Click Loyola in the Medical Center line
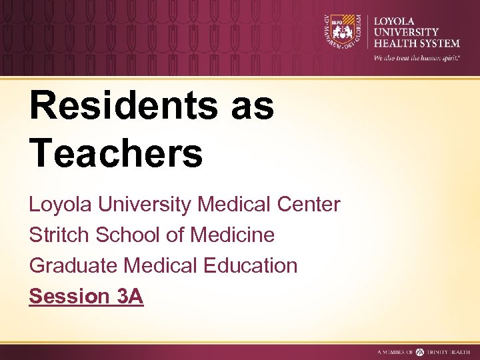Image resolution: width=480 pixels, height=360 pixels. [x=60, y=205]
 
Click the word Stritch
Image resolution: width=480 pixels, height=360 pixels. [x=56, y=235]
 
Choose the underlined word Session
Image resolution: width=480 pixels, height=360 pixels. [x=69, y=296]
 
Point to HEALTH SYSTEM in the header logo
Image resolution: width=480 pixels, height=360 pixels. [x=417, y=43]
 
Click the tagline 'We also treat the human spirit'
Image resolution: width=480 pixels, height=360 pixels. [x=416, y=58]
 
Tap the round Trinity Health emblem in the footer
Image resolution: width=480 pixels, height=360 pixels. [x=420, y=351]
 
